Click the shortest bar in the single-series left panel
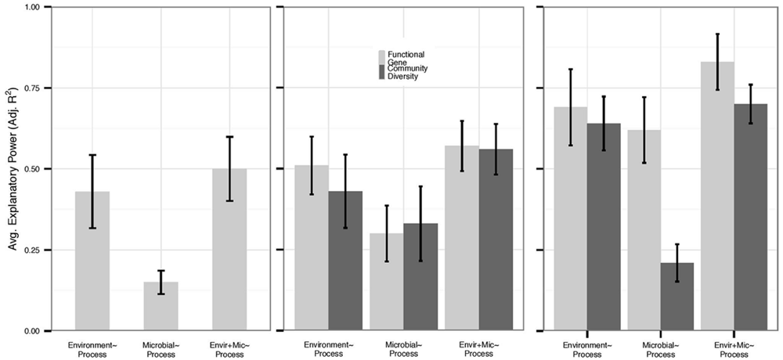[x=161, y=306]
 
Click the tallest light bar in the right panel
[x=718, y=196]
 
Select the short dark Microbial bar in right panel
[x=677, y=297]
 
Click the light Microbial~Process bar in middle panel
[x=386, y=282]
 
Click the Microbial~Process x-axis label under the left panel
[x=161, y=348]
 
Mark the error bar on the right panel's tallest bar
[x=718, y=62]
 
